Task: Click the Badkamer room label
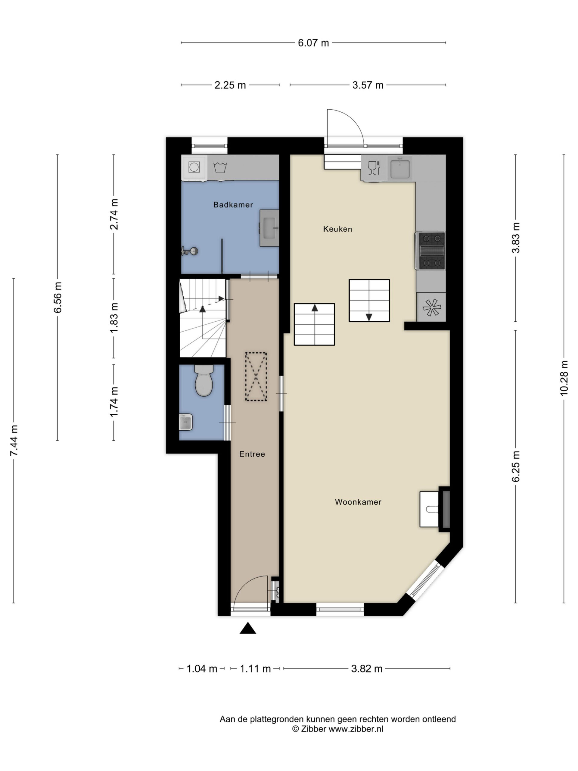[x=233, y=204]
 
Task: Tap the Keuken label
[x=337, y=229]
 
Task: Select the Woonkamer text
[x=358, y=502]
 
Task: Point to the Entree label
[x=252, y=454]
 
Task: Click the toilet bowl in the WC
[x=204, y=381]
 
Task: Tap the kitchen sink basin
[x=400, y=168]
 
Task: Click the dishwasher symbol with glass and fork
[x=374, y=168]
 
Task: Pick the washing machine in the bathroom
[x=194, y=167]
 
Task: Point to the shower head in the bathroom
[x=190, y=251]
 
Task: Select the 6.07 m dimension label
[x=313, y=43]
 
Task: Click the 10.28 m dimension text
[x=564, y=378]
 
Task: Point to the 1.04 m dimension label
[x=202, y=669]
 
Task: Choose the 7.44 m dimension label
[x=14, y=441]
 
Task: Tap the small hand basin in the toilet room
[x=186, y=422]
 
